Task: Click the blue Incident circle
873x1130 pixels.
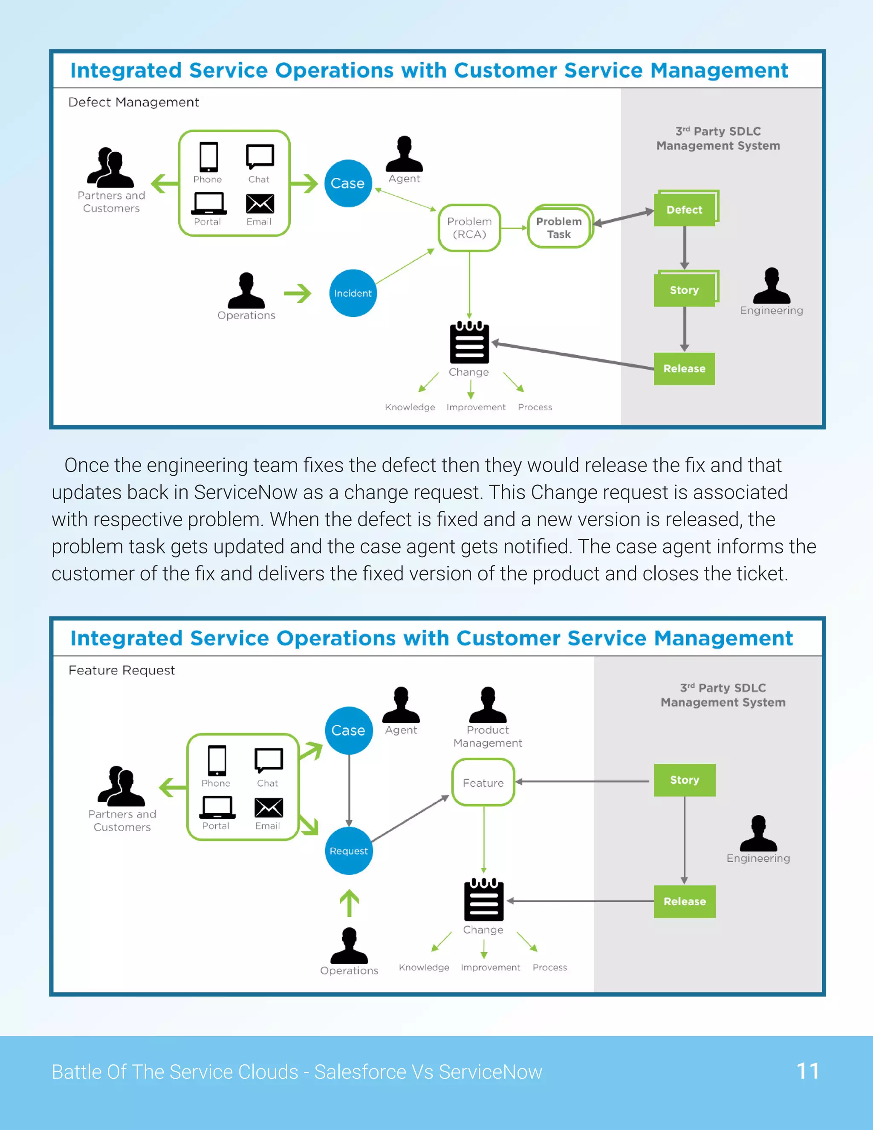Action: click(x=353, y=293)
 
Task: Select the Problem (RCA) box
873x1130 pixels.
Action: click(x=469, y=228)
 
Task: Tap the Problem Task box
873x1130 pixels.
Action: click(x=560, y=227)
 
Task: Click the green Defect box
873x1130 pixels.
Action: click(x=684, y=209)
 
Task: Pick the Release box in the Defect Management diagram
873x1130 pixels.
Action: click(x=684, y=368)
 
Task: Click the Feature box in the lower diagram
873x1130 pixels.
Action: click(x=483, y=783)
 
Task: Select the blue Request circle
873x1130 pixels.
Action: click(x=349, y=851)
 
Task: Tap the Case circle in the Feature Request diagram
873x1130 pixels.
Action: click(x=349, y=730)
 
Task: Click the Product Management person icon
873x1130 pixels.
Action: click(x=488, y=705)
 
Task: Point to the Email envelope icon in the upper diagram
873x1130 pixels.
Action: click(x=260, y=204)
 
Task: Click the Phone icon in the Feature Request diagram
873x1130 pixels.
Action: click(x=217, y=761)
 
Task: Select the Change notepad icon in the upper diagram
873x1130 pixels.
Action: click(x=469, y=342)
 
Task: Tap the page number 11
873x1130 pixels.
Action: click(x=807, y=1071)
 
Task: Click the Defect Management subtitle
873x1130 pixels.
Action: click(x=133, y=102)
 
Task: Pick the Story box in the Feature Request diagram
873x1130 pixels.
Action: click(x=684, y=780)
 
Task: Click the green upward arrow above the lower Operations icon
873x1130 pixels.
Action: click(x=349, y=903)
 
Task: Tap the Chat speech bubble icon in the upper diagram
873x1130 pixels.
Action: click(x=260, y=156)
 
